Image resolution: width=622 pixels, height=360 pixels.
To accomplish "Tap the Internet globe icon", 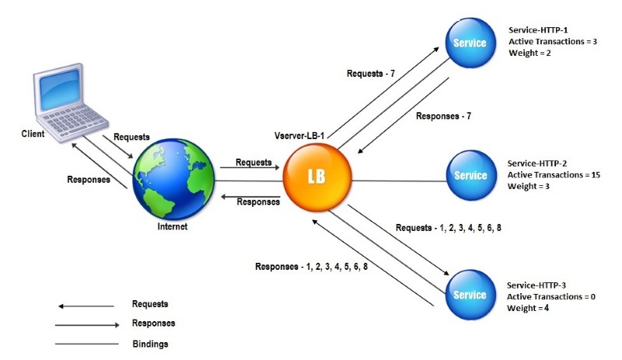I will click(x=173, y=180).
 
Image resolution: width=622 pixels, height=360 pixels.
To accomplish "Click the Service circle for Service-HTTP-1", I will click(x=470, y=42).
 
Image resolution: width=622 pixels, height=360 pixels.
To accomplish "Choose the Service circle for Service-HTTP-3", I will click(x=470, y=293).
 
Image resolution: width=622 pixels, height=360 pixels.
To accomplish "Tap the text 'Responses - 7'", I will click(x=444, y=116).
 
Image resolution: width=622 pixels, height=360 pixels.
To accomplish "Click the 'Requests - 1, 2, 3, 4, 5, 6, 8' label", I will click(x=453, y=229).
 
